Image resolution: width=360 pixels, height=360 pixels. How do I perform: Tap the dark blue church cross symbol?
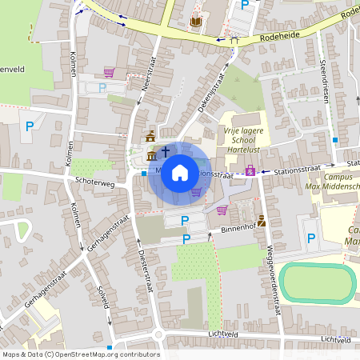pyautogui.click(x=166, y=150)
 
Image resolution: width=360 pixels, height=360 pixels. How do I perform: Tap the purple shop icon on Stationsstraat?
pyautogui.click(x=250, y=170)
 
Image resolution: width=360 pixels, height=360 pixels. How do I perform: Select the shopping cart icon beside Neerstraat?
pyautogui.click(x=109, y=72)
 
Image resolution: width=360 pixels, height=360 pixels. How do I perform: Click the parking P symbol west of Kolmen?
pyautogui.click(x=30, y=126)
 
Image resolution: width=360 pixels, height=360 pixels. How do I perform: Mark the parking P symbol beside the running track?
pyautogui.click(x=311, y=238)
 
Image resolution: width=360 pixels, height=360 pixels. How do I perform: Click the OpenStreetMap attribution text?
pyautogui.click(x=81, y=354)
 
